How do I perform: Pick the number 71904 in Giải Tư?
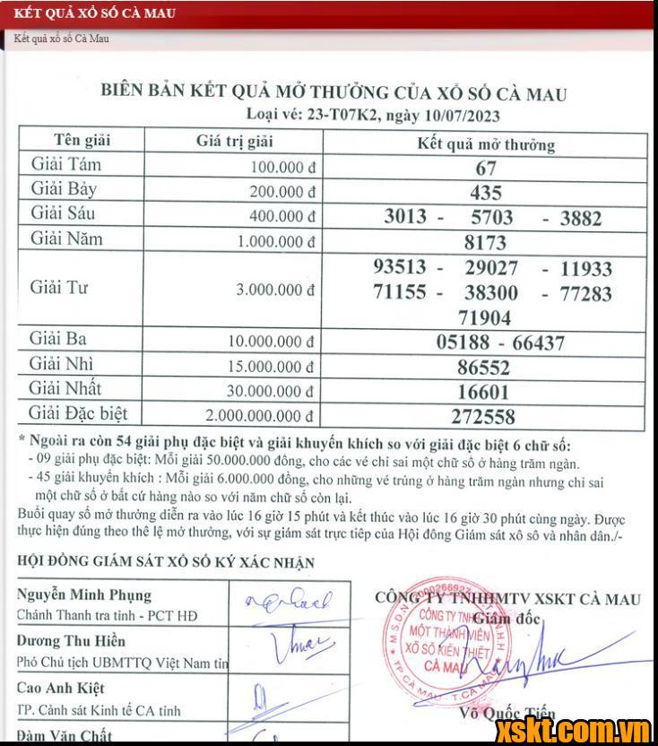484,318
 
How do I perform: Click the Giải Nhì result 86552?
484,368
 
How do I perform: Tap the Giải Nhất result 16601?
484,392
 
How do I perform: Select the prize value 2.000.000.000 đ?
260,415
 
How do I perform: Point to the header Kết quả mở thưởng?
486,144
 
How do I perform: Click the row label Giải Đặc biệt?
79,413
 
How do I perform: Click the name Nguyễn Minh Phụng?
84,595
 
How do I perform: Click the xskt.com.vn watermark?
573,728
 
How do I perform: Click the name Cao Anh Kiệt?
61,689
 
